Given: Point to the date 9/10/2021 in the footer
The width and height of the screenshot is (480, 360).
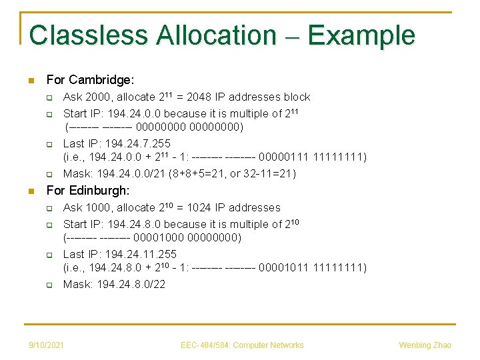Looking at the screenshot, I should point(47,345).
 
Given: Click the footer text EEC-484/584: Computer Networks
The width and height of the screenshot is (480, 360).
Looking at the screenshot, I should point(242,345).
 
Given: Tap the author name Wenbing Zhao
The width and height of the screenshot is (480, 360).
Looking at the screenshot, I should point(425,345).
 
